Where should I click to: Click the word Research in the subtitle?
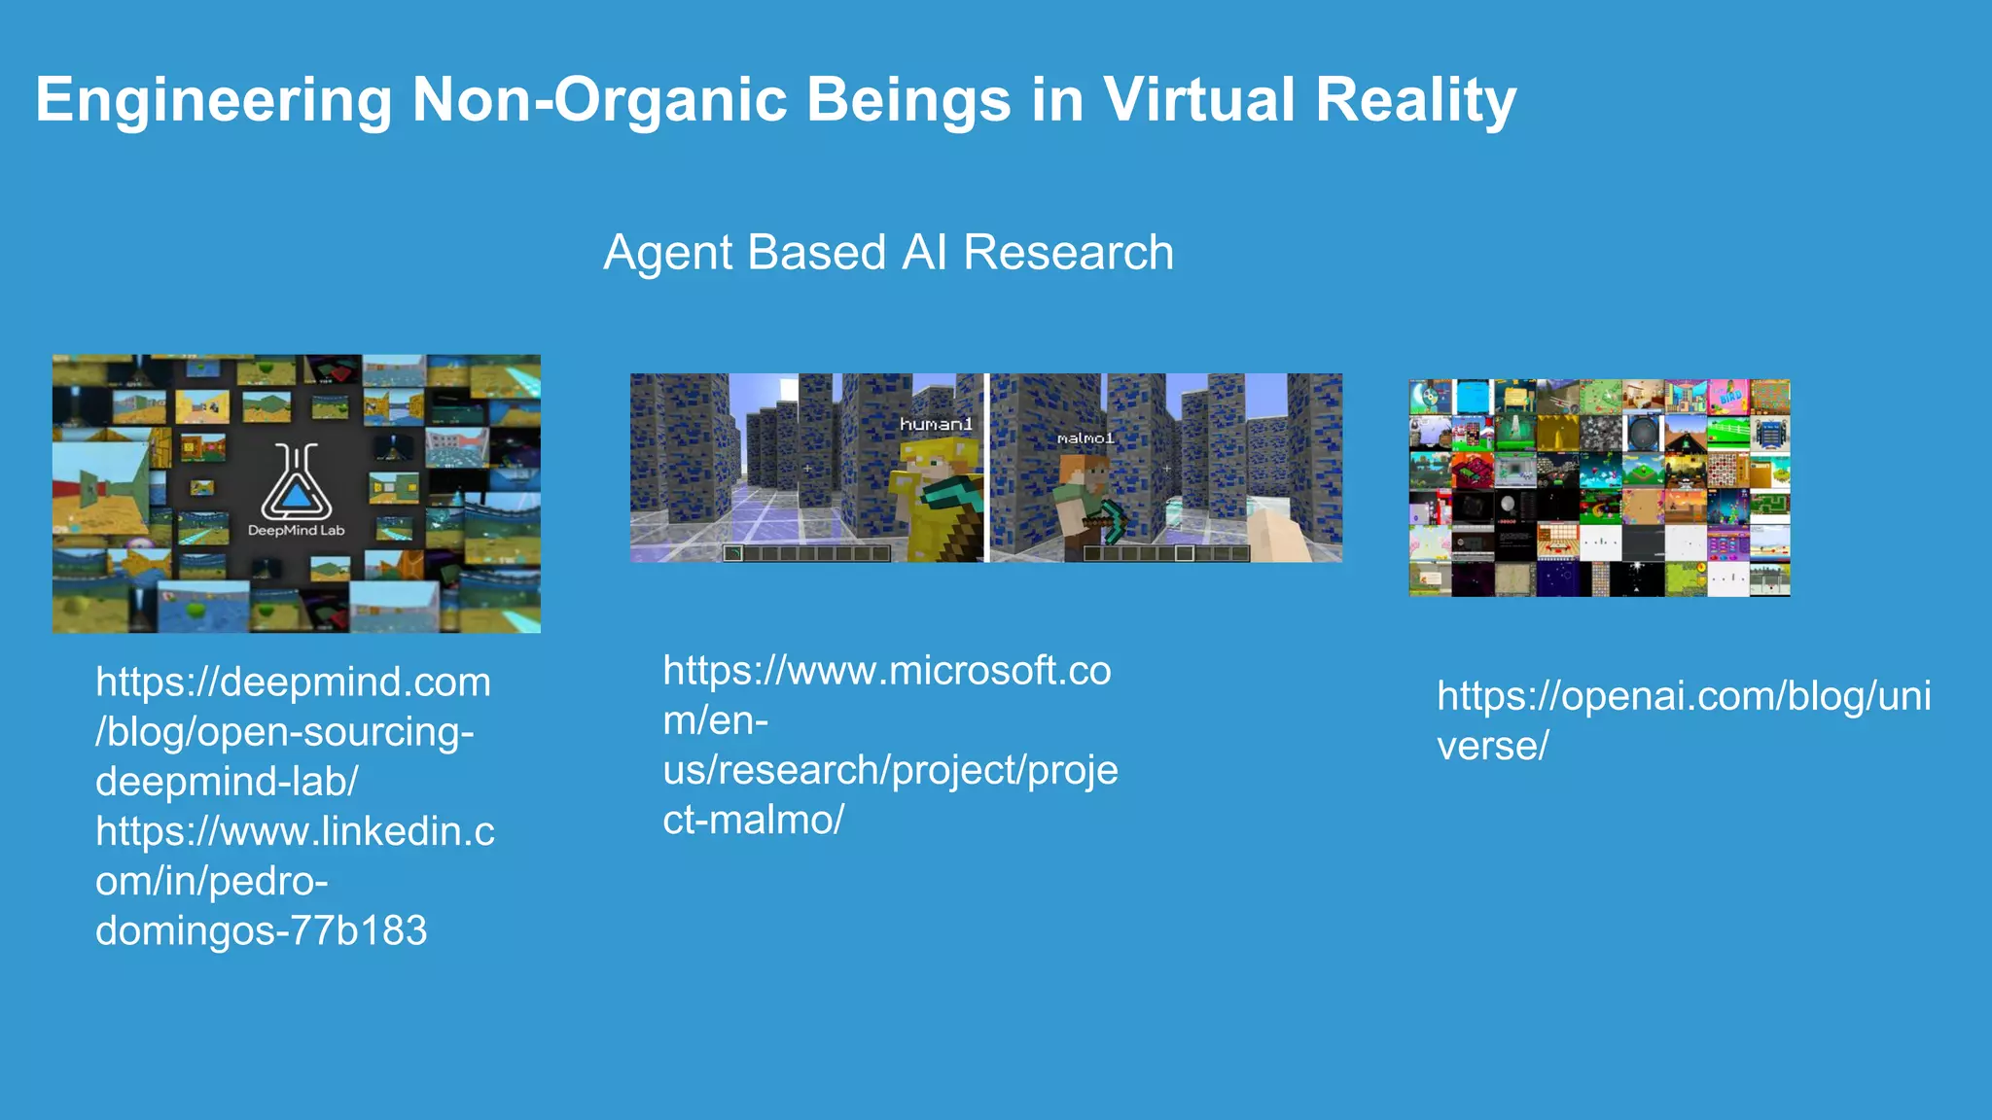[1068, 253]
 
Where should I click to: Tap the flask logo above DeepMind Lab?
[296, 482]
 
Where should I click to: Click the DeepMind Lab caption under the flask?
[296, 531]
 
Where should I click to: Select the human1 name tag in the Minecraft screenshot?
[936, 424]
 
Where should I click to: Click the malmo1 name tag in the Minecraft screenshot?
[1085, 438]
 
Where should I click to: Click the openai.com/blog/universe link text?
[1683, 720]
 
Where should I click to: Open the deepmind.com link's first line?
[293, 682]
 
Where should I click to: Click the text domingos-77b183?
[261, 931]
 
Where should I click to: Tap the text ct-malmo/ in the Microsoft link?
[753, 821]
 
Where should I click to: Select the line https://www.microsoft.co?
[886, 671]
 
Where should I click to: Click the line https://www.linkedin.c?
[295, 832]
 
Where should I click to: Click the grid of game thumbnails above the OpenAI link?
[1599, 488]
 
